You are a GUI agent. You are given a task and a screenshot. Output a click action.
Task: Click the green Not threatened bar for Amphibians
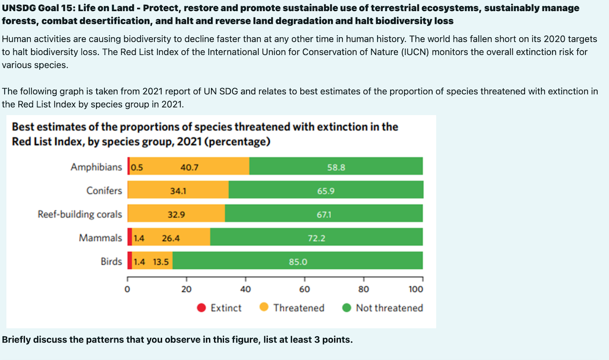pos(336,166)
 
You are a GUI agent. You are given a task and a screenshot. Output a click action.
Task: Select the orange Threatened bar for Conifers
pos(178,191)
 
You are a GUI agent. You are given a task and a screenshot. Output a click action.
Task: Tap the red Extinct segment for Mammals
pos(130,237)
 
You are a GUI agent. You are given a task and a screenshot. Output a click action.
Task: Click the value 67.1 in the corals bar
pos(324,214)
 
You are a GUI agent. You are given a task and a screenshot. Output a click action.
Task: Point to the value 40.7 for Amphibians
pos(189,167)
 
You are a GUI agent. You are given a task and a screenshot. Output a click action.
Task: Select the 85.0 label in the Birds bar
pos(297,262)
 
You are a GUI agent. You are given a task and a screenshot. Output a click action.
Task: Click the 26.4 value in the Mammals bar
pos(171,238)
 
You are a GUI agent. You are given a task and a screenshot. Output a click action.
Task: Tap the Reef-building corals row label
pos(80,214)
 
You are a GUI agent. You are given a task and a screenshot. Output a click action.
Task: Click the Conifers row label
pos(104,191)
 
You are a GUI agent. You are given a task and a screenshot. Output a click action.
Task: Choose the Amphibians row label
pos(96,167)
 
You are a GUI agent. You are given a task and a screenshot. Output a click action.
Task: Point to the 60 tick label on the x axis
pos(304,289)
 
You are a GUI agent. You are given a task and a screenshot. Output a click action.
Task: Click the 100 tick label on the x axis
pos(416,289)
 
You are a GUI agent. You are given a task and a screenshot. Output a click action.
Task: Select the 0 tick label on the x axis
pos(128,289)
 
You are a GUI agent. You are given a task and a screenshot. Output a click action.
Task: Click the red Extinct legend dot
pos(201,308)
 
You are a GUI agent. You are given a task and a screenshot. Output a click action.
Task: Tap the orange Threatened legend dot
pos(264,308)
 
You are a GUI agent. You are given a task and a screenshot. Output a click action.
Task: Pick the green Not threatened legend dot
pos(346,308)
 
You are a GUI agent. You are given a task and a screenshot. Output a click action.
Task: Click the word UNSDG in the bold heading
pos(19,8)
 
